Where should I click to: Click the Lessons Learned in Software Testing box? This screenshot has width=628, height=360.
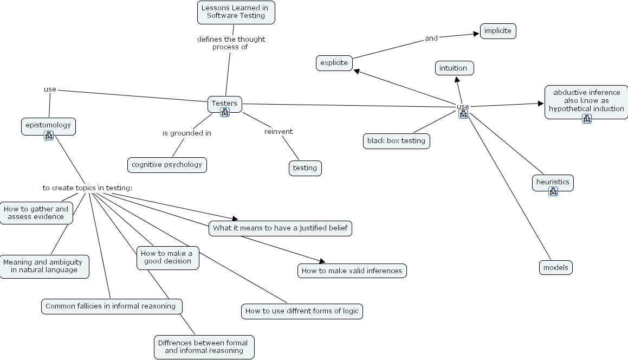[x=236, y=12]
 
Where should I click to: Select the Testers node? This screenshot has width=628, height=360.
[x=224, y=103]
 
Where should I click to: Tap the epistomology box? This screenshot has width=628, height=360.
[x=48, y=125]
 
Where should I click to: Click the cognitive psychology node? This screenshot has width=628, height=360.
[x=167, y=165]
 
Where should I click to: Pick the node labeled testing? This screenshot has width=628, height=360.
[x=305, y=168]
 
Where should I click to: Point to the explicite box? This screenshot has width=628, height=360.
[x=334, y=63]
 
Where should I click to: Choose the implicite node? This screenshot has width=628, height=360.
[x=498, y=31]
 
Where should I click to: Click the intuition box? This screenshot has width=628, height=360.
[x=454, y=68]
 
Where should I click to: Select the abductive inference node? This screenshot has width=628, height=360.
[x=586, y=100]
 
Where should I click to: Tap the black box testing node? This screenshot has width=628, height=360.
[x=397, y=141]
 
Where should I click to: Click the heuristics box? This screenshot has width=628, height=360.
[x=553, y=182]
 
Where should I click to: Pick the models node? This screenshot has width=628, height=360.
[x=556, y=267]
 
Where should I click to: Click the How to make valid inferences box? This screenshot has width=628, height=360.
[x=352, y=271]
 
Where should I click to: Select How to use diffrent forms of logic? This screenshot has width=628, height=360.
[x=302, y=311]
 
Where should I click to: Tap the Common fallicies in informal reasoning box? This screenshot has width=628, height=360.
[x=111, y=306]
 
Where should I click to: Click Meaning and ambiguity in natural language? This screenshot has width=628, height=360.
[x=44, y=266]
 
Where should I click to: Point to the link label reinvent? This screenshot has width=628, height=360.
[x=279, y=132]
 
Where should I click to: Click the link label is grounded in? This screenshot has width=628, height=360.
[x=187, y=133]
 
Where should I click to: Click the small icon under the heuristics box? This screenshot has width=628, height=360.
[x=553, y=191]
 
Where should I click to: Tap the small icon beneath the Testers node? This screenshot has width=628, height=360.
[x=224, y=112]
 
